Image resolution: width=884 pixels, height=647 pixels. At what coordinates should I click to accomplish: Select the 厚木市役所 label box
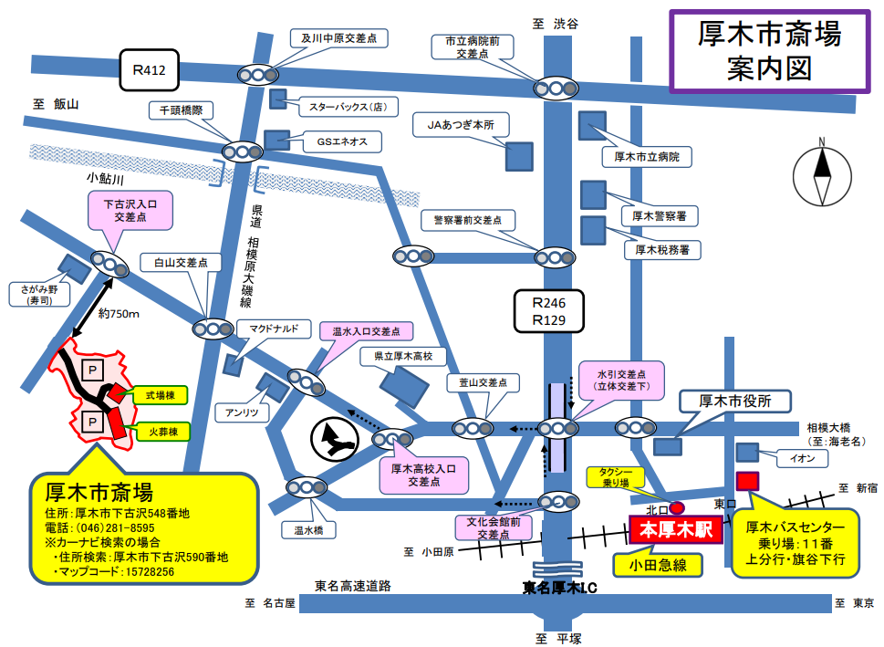click(735, 402)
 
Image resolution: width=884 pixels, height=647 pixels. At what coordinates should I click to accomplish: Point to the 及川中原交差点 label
click(339, 38)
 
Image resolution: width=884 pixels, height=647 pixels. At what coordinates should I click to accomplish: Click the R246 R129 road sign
click(548, 309)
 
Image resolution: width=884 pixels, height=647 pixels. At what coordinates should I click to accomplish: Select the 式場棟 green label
click(161, 395)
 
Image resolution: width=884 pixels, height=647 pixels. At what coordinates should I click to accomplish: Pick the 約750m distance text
click(119, 315)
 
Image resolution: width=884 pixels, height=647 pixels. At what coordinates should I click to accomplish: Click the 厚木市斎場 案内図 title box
click(768, 51)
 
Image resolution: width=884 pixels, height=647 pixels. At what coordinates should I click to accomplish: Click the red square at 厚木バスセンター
click(748, 480)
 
